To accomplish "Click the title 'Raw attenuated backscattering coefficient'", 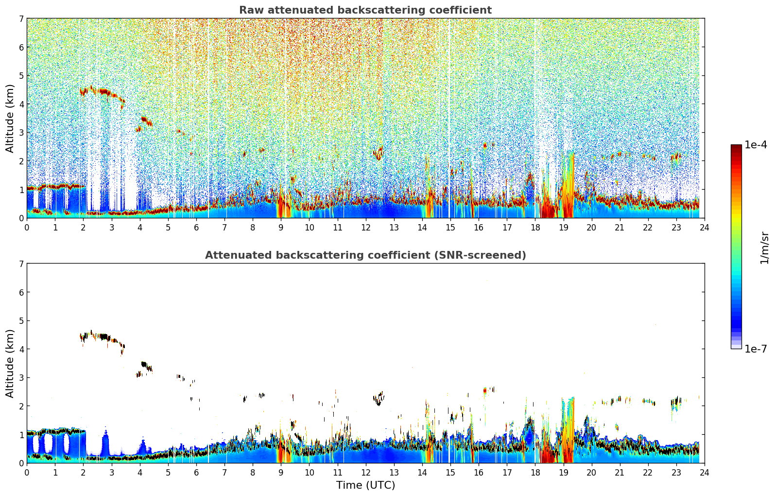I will (x=365, y=10).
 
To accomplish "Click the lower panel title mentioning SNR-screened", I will (x=365, y=255).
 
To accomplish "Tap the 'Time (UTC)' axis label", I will (x=365, y=485).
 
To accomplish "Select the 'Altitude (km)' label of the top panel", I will (x=10, y=118).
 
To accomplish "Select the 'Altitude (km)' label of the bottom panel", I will (x=10, y=363).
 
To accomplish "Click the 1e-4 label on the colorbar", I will (x=756, y=145).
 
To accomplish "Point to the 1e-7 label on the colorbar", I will (x=756, y=349).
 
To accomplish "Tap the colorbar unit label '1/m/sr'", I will (x=764, y=248).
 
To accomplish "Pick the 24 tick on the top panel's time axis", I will (x=704, y=228).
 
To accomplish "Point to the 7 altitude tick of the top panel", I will (x=21, y=18).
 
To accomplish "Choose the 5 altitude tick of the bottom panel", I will (x=21, y=320).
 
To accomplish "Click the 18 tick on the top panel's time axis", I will (x=535, y=228).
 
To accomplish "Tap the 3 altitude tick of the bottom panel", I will (x=21, y=377).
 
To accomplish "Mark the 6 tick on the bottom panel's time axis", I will (x=196, y=473).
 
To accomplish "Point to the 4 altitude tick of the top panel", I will (x=21, y=104).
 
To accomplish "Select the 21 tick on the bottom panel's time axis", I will (x=620, y=473).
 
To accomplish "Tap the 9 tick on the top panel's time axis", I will (x=281, y=228).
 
